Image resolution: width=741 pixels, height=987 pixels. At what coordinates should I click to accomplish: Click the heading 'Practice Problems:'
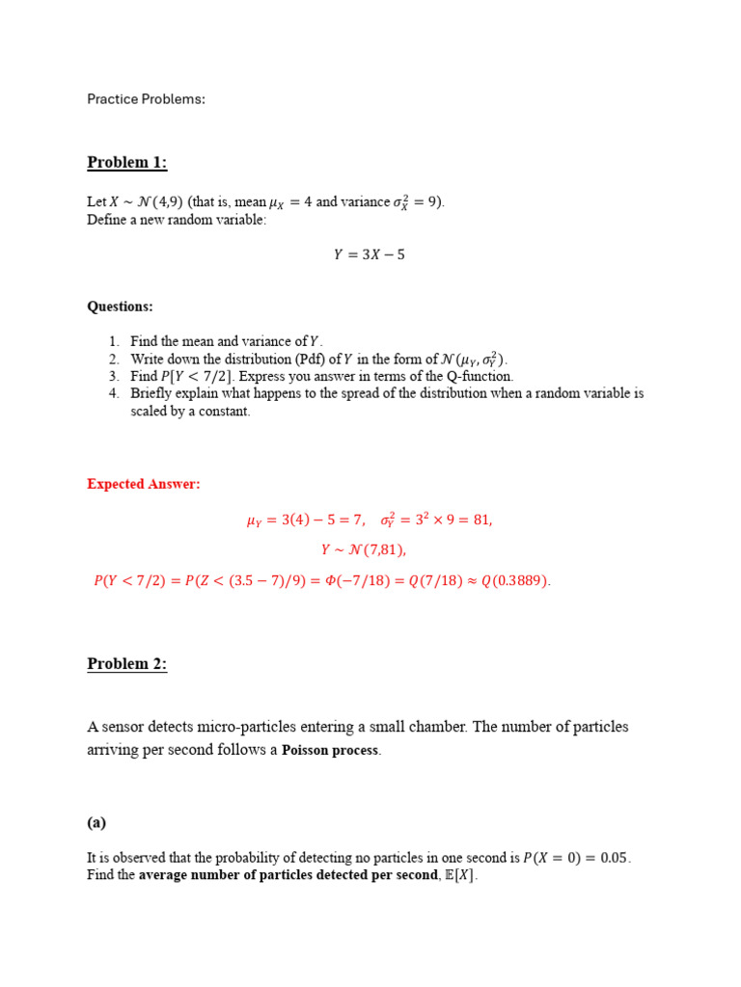(146, 99)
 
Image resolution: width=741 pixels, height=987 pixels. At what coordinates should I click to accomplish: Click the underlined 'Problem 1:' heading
(126, 163)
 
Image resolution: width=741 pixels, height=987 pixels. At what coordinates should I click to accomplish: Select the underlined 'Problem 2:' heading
(126, 664)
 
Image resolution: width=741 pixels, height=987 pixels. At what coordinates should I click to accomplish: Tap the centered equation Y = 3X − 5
(370, 255)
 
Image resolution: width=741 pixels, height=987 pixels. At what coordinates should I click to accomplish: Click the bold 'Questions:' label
(120, 307)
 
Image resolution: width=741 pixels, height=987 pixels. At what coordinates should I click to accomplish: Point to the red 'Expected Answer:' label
(144, 484)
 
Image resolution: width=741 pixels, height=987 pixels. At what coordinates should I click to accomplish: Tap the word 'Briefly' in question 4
(151, 393)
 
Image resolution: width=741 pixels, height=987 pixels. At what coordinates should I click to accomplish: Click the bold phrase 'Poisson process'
(331, 751)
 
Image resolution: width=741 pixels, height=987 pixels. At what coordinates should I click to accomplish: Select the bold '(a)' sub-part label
(96, 822)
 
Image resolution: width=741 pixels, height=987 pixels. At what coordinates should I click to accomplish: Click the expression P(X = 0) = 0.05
(576, 858)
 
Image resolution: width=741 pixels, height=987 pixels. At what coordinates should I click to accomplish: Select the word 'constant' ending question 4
(226, 412)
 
